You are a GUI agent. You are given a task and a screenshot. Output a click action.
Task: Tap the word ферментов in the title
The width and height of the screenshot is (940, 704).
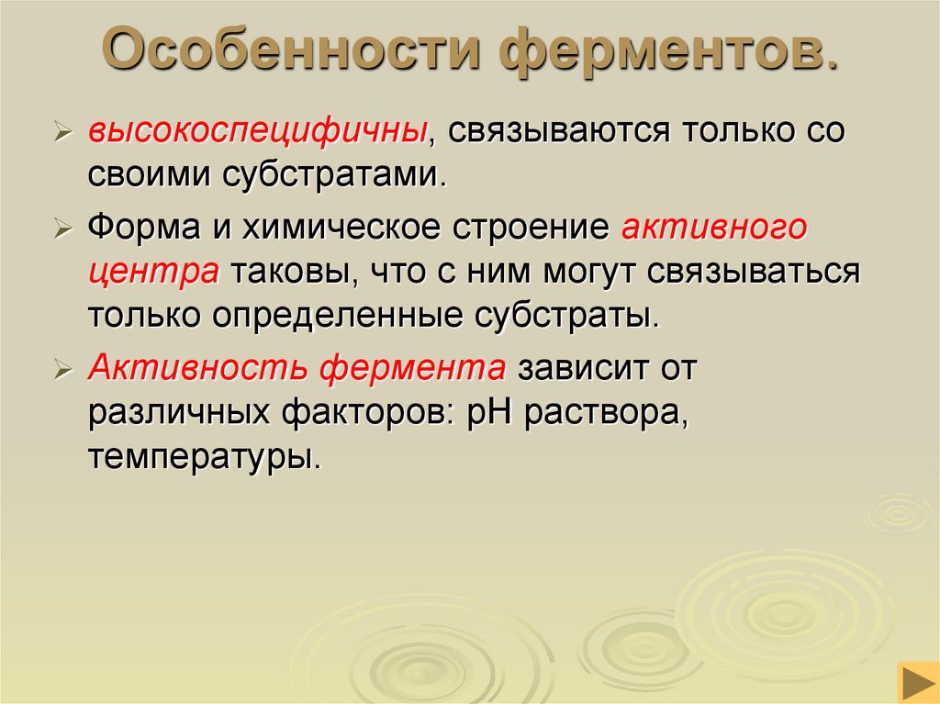click(667, 52)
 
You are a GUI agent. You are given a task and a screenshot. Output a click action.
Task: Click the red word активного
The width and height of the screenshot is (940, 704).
click(713, 227)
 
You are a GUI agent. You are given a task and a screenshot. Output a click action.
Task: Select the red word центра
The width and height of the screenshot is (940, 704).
click(153, 272)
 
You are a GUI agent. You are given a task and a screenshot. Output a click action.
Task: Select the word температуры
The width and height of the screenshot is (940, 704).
click(204, 458)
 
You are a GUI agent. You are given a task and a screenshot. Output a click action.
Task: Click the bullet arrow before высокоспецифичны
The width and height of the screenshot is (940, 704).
click(63, 132)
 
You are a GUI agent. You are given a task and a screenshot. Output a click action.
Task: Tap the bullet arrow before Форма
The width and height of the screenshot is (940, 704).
click(63, 229)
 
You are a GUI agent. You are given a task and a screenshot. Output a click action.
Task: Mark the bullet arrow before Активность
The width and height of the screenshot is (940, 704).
click(63, 370)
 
